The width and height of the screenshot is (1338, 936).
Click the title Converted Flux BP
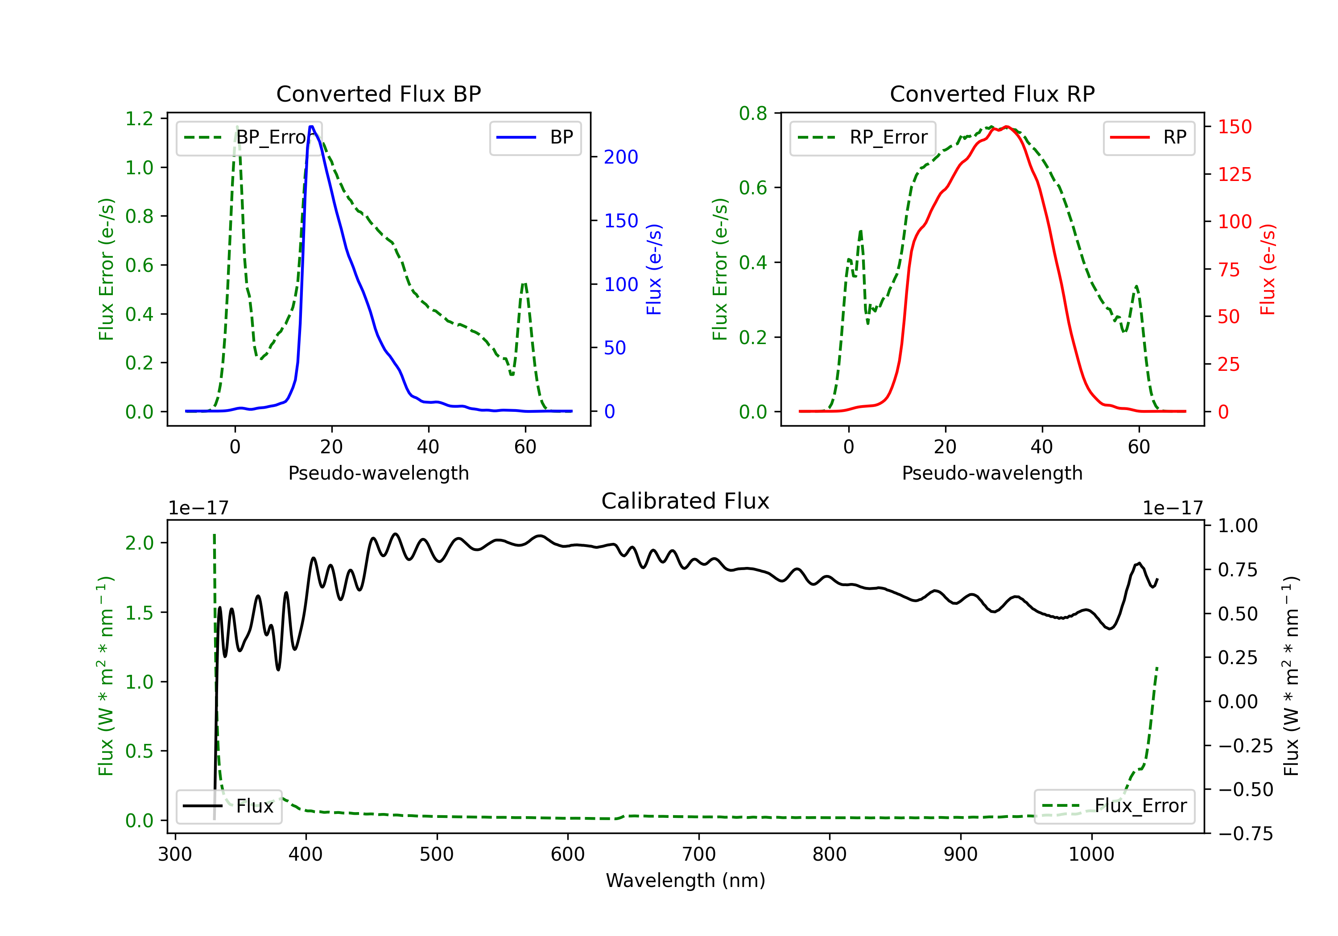point(379,94)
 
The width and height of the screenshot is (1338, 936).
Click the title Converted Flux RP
point(992,94)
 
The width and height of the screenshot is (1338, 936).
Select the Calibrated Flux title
point(686,501)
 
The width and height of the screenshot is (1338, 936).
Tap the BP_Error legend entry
point(249,137)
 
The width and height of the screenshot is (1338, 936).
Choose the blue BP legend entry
point(535,137)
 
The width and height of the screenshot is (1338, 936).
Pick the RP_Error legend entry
point(863,137)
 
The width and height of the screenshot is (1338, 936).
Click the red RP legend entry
point(1148,137)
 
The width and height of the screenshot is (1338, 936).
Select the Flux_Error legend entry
point(1114,806)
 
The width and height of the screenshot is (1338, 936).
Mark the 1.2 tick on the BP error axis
point(139,119)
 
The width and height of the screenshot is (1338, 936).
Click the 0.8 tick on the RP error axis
point(753,113)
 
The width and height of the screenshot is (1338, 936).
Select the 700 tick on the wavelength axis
point(699,854)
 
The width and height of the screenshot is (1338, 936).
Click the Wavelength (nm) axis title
point(686,880)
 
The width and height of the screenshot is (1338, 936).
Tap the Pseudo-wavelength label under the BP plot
point(379,473)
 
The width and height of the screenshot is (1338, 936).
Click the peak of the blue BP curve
point(312,127)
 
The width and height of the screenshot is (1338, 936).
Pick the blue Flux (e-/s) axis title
point(654,269)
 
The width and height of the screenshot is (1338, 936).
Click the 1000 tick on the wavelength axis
point(1091,854)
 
